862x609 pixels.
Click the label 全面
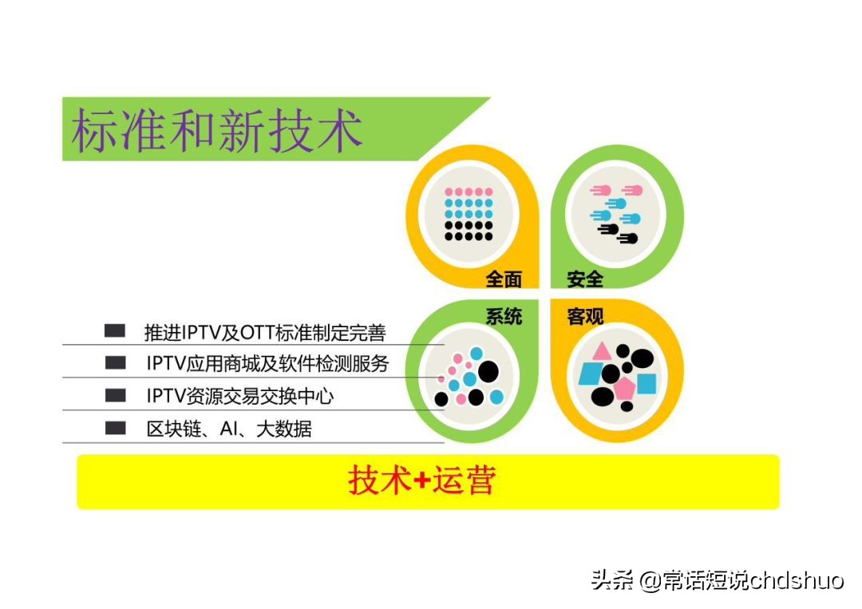[504, 279]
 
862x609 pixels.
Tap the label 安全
[585, 279]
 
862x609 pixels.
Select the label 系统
[504, 316]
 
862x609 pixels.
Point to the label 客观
[585, 316]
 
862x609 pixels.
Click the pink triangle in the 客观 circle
[600, 351]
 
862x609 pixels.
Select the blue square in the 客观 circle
[646, 384]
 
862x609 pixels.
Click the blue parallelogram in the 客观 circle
[591, 373]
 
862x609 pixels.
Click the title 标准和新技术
[217, 131]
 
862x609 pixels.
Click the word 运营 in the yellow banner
[464, 480]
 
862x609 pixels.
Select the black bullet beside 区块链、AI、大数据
[116, 428]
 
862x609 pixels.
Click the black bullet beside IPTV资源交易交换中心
[116, 395]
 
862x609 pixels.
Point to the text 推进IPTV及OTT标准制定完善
[265, 331]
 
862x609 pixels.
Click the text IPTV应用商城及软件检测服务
[267, 363]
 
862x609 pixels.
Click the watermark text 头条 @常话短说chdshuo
[717, 580]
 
